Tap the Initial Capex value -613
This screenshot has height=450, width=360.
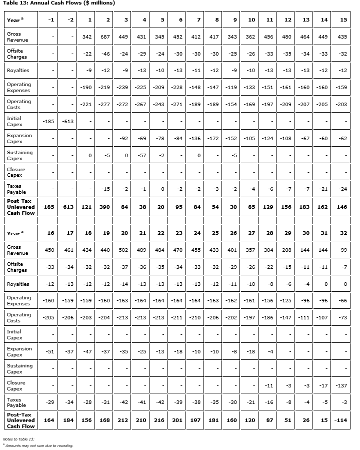coord(67,121)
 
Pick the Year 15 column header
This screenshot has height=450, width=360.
coord(343,20)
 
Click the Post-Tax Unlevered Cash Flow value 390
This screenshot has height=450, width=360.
coord(104,207)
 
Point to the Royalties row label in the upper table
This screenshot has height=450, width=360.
coord(18,71)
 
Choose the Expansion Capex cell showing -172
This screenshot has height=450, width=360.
coord(213,138)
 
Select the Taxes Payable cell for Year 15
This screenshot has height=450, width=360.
coord(342,189)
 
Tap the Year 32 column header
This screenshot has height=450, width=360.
coord(343,233)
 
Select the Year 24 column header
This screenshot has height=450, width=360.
coord(197,233)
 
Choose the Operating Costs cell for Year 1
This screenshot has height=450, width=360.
coord(86,104)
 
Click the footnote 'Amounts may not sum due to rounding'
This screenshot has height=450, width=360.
coord(39,445)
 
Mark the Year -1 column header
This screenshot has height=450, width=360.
coord(50,20)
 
